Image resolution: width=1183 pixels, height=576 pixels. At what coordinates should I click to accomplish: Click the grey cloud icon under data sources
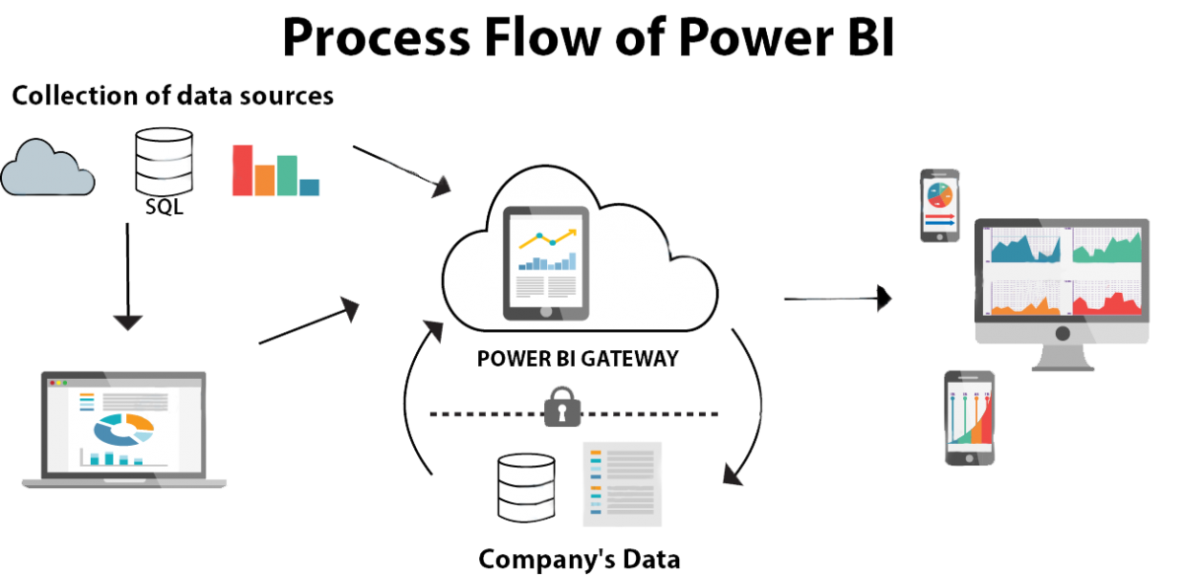(47, 170)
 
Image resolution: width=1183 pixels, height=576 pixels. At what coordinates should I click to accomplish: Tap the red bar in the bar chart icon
(243, 170)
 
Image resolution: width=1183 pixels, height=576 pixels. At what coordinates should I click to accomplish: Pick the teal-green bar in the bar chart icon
(287, 176)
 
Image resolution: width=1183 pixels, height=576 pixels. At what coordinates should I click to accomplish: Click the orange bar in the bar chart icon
(264, 180)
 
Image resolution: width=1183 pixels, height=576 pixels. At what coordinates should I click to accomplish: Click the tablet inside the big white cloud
(546, 263)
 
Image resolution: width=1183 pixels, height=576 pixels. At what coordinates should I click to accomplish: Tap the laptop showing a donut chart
(124, 430)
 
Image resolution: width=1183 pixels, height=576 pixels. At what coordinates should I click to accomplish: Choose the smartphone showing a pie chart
(939, 204)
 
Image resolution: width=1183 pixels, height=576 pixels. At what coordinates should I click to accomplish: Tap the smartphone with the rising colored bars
(969, 418)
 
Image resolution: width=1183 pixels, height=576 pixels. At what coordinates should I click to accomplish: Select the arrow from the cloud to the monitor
(838, 296)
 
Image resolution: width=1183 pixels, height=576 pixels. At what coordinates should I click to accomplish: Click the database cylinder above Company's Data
(525, 486)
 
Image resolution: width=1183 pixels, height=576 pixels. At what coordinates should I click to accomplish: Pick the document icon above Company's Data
(622, 483)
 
